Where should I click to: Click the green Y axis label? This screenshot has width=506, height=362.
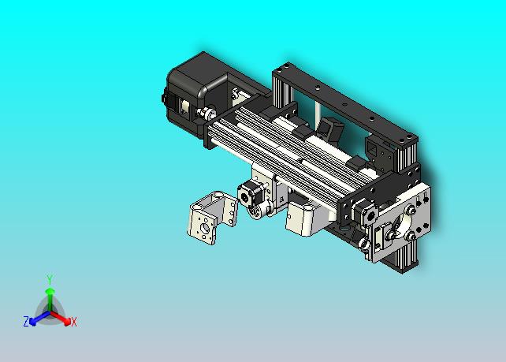pyautogui.click(x=50, y=280)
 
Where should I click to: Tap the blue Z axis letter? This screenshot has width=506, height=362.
pyautogui.click(x=26, y=321)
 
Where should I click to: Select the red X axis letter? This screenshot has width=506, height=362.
pyautogui.click(x=74, y=322)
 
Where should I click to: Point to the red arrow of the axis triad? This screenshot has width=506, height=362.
pyautogui.click(x=61, y=318)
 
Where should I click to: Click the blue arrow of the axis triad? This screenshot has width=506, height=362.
pyautogui.click(x=39, y=318)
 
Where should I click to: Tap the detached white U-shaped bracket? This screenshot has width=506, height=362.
pyautogui.click(x=212, y=217)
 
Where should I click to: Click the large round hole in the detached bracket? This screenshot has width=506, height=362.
pyautogui.click(x=205, y=229)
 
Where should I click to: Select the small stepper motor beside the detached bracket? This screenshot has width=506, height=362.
pyautogui.click(x=251, y=195)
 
